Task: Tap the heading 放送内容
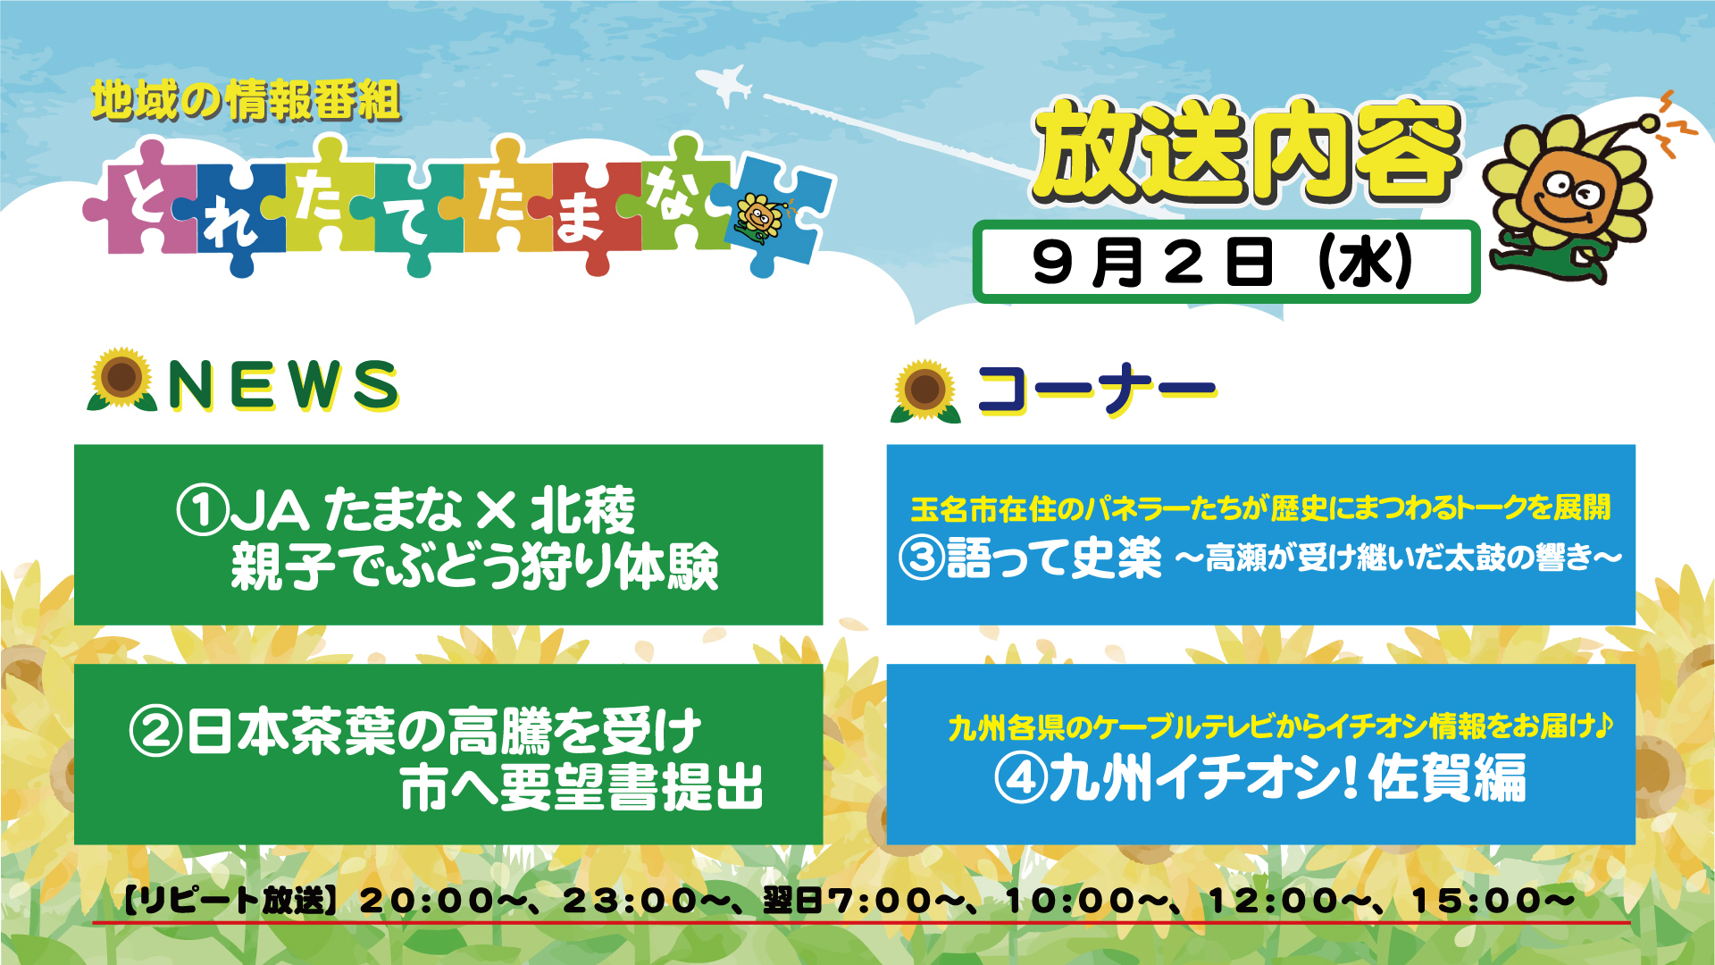pyautogui.click(x=1247, y=152)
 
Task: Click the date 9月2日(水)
pyautogui.click(x=1223, y=262)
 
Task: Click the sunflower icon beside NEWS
pyautogui.click(x=121, y=380)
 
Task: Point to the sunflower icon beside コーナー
pyautogui.click(x=925, y=390)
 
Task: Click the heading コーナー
pyautogui.click(x=1097, y=390)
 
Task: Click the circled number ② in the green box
pyautogui.click(x=155, y=731)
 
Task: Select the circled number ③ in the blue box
pyautogui.click(x=922, y=558)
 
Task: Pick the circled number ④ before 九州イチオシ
pyautogui.click(x=1020, y=778)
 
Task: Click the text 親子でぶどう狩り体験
pyautogui.click(x=474, y=566)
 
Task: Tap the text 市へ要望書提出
pyautogui.click(x=581, y=786)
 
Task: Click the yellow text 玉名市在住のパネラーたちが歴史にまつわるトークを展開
pyautogui.click(x=1260, y=508)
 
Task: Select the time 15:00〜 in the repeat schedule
pyautogui.click(x=1493, y=901)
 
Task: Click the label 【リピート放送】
pyautogui.click(x=230, y=901)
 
